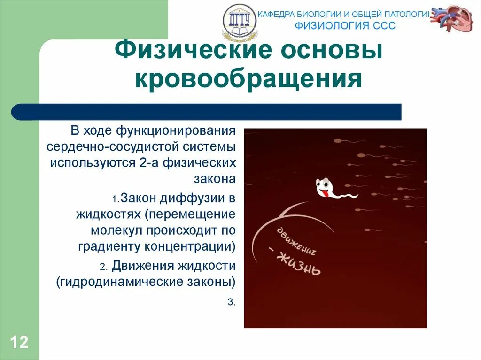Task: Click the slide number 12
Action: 19,342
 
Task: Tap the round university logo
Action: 240,22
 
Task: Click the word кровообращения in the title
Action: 248,79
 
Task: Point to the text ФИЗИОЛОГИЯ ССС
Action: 345,25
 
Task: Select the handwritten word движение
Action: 296,241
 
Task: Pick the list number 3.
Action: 231,302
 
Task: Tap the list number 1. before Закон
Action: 116,199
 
